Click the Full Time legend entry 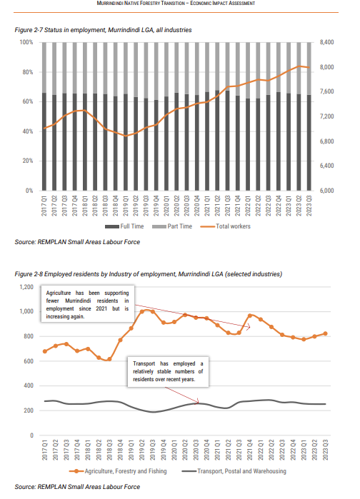(x=124, y=226)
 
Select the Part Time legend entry (x=172, y=226)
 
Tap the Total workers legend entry (x=226, y=226)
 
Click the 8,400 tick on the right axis (x=326, y=42)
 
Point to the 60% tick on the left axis (x=28, y=101)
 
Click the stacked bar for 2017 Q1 (x=44, y=116)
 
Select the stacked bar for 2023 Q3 (x=309, y=116)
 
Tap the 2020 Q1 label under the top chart (x=166, y=206)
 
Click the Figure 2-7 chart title (x=103, y=30)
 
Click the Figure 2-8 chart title (x=149, y=274)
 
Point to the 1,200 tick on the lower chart (x=26, y=287)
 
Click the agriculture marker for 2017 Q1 (x=45, y=351)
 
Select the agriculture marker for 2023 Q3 (x=325, y=333)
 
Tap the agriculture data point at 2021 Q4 (x=250, y=316)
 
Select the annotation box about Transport (x=168, y=371)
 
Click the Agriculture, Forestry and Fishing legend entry (x=118, y=471)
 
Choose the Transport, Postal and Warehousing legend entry (x=234, y=471)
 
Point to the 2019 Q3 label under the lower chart (x=152, y=450)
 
